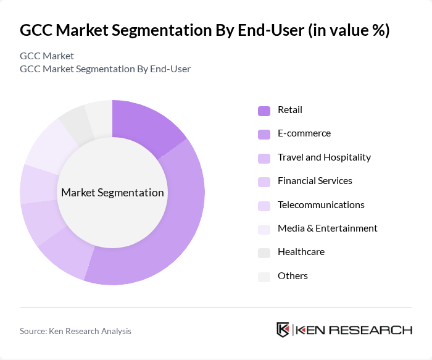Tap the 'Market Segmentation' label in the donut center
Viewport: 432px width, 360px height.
(112, 193)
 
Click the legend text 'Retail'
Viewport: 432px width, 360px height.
(290, 110)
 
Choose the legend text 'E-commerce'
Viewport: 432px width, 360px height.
(304, 133)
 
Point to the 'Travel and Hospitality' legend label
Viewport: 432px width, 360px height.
(324, 157)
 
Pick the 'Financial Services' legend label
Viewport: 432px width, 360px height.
(315, 181)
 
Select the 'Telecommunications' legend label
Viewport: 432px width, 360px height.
(321, 205)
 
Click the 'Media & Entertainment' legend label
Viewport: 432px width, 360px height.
(327, 228)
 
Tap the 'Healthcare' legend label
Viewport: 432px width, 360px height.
(301, 252)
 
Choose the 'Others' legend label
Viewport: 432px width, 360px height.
(293, 276)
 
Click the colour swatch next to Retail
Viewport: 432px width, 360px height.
(264, 111)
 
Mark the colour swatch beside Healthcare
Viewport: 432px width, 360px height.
(264, 253)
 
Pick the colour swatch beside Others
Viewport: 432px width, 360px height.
(264, 277)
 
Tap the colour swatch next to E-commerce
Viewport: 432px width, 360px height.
(264, 134)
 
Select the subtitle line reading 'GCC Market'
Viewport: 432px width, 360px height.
(47, 56)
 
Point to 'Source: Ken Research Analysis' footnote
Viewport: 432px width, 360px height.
(75, 331)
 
